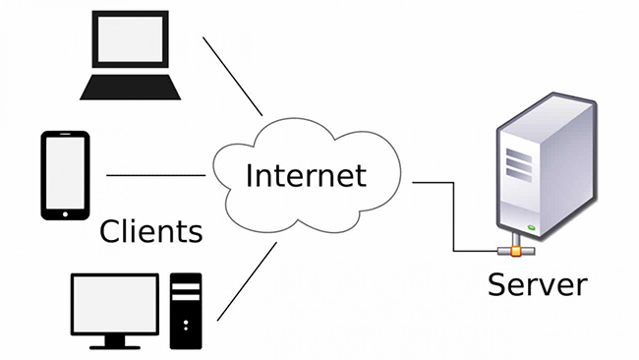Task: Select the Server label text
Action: coord(537,285)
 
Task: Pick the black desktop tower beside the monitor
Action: coord(186,309)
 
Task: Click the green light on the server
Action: coord(531,228)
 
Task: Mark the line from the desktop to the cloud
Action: coord(246,280)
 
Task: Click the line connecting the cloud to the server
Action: coord(437,183)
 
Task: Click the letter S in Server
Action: coord(497,285)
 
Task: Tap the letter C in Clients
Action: coord(111,232)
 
